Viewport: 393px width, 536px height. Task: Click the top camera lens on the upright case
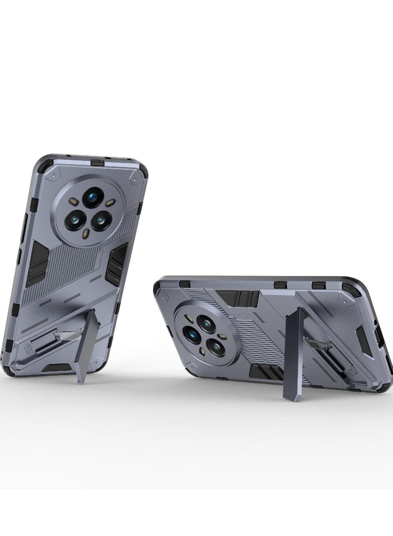[x=93, y=197]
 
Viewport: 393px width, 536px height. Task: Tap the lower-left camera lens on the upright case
[x=77, y=219]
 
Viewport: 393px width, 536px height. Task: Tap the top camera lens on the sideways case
[x=206, y=323]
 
